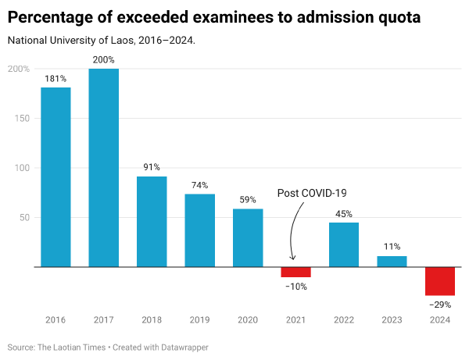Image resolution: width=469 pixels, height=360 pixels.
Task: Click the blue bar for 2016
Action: [55, 177]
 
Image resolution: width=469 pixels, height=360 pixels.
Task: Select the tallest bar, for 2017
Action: [104, 168]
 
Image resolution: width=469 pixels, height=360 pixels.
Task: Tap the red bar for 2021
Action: [295, 272]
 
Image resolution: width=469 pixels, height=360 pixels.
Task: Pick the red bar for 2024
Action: [440, 281]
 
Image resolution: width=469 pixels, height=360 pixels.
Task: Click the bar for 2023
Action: [392, 262]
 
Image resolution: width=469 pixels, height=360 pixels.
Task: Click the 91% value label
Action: [152, 166]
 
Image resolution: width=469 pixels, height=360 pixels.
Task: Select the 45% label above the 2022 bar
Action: [344, 213]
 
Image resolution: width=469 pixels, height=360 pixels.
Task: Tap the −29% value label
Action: [440, 305]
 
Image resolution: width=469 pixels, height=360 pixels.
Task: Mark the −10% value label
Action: [295, 287]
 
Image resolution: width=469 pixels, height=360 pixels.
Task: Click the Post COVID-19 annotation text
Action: [312, 193]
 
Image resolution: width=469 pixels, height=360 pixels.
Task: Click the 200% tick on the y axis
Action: [19, 69]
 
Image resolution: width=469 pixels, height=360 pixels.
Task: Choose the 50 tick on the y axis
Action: [23, 217]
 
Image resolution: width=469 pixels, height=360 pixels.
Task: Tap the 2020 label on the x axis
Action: [248, 319]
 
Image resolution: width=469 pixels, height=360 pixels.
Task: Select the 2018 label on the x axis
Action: [152, 319]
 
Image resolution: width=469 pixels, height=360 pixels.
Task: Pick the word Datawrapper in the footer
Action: [183, 347]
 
